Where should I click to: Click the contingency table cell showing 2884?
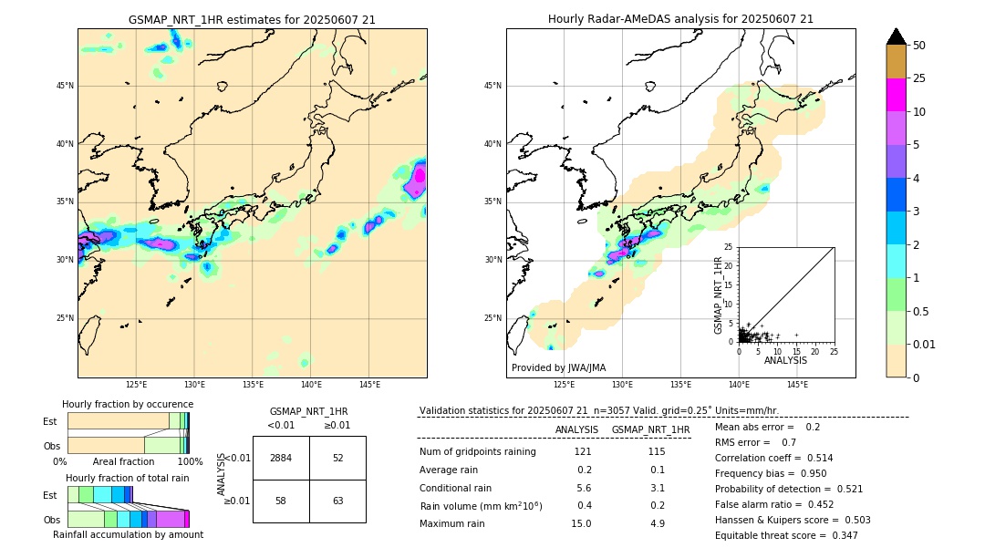pos(281,458)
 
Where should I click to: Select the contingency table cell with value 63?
pos(337,501)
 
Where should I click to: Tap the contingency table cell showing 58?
pos(281,501)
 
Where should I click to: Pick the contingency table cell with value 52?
pos(337,458)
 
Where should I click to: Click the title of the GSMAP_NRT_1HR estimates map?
pos(252,19)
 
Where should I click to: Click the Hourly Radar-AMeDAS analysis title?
pos(680,19)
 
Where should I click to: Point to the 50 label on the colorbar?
pos(919,46)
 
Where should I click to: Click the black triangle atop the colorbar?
pos(897,36)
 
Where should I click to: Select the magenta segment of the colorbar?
pos(897,95)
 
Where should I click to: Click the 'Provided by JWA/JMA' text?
pos(558,367)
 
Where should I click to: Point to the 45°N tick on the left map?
pos(65,86)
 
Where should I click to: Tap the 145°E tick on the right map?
pos(797,385)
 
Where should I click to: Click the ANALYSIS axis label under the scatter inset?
pos(785,360)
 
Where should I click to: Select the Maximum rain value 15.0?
pos(583,523)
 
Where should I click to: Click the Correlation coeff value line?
pos(773,458)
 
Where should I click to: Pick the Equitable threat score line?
pos(786,535)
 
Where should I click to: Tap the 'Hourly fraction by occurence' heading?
pos(128,404)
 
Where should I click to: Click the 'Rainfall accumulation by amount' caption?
pos(128,534)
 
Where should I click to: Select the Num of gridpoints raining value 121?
pos(583,451)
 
